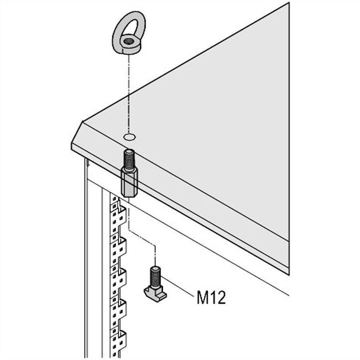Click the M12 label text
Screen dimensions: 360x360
pos(211,297)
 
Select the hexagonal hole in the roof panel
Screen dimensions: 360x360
pos(130,137)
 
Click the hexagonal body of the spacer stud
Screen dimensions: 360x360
pos(129,182)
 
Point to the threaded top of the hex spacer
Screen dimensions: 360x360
pos(130,159)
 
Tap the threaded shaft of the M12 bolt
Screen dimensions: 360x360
pos(156,277)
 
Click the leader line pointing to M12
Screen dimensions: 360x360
pos(177,286)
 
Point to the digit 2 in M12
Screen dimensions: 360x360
pos(221,297)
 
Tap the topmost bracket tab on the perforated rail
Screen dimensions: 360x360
pos(122,215)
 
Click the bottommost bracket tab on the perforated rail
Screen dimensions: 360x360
pos(122,342)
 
